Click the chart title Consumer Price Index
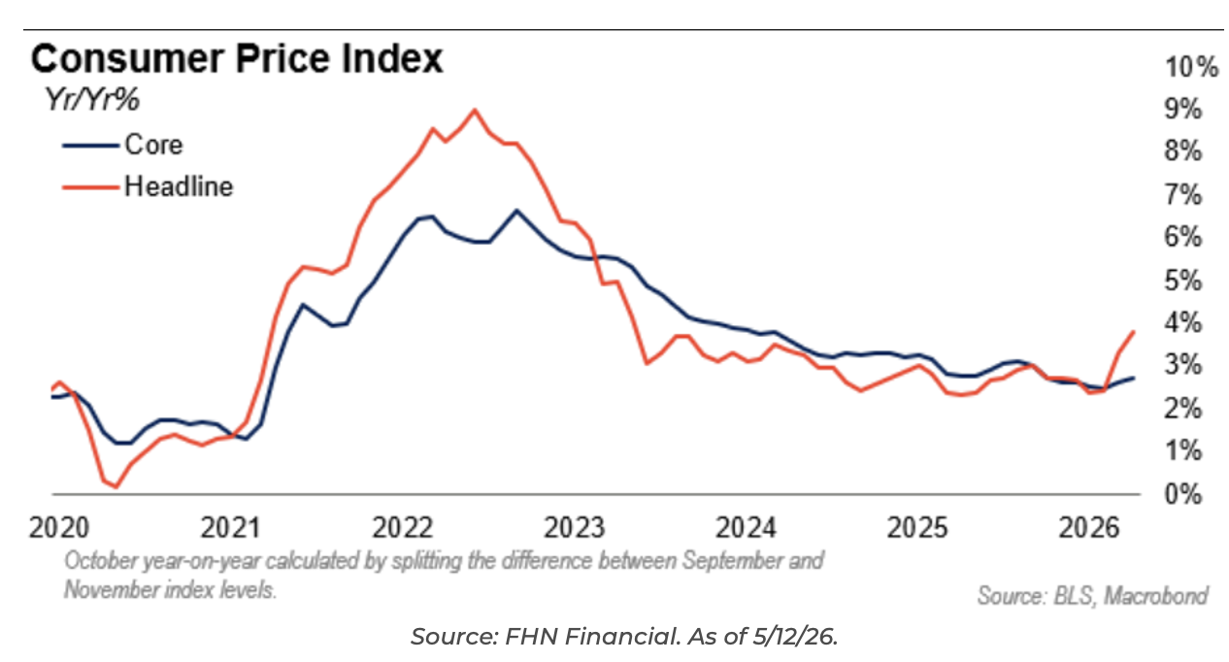(237, 58)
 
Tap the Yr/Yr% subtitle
(92, 100)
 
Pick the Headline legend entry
(148, 186)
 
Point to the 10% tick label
(1191, 67)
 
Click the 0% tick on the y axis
(1183, 494)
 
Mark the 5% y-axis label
(1183, 281)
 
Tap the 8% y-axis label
(1183, 150)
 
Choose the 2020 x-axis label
(59, 528)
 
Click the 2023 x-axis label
(575, 528)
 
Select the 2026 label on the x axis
(1089, 528)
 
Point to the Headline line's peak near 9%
(474, 111)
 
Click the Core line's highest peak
(516, 210)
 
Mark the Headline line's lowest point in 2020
(116, 486)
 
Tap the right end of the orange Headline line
(1134, 332)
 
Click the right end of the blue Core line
(1134, 378)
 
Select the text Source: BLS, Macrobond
(1093, 596)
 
